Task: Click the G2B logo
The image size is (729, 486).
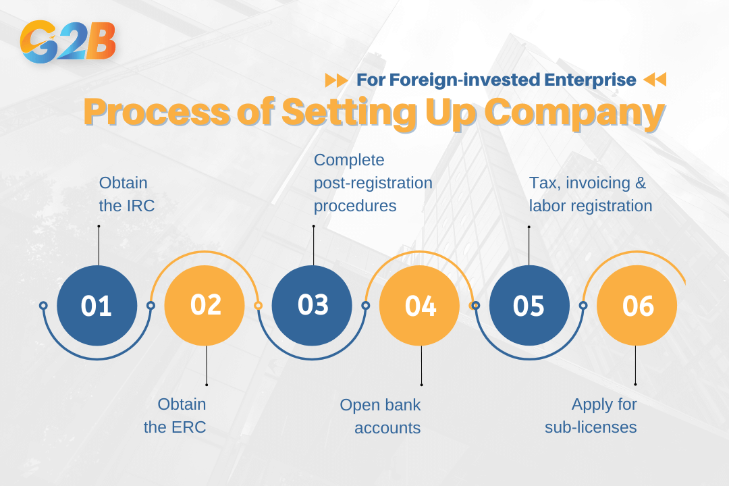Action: (68, 42)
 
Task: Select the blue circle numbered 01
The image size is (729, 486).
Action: (97, 306)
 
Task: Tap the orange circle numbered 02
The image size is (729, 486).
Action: (205, 306)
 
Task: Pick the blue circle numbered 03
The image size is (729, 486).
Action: (312, 306)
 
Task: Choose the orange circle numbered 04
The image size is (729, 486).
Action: (420, 306)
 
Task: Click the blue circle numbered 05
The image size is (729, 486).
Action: (529, 306)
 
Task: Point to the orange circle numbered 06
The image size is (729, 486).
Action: (637, 306)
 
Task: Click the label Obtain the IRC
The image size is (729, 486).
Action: (127, 194)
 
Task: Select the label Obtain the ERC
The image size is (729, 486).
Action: (175, 416)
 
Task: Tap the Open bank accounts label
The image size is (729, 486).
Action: (380, 416)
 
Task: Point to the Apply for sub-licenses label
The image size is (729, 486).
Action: (591, 416)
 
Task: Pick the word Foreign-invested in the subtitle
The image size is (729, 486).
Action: (464, 80)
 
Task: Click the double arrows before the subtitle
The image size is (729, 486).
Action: (336, 80)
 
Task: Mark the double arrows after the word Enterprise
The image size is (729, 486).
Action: (654, 80)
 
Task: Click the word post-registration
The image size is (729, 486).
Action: (373, 183)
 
